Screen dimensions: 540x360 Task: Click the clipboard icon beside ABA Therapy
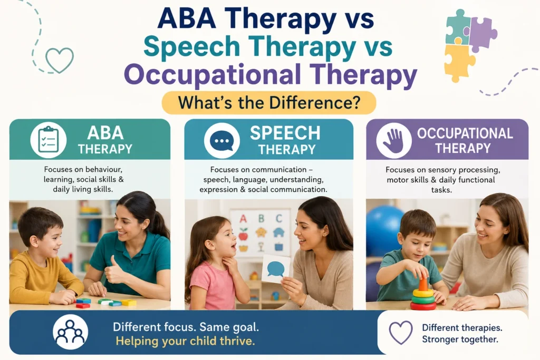point(48,140)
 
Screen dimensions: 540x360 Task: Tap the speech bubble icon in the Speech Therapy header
point(222,141)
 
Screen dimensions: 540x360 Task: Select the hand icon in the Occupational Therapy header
point(393,141)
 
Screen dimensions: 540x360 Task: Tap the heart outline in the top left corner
point(60,60)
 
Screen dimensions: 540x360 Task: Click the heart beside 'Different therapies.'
point(401,333)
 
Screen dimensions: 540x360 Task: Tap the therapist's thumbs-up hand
point(114,269)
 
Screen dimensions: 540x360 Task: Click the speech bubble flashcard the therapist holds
point(275,269)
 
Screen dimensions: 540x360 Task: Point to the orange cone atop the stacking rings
point(423,284)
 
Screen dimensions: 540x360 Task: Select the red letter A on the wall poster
point(243,218)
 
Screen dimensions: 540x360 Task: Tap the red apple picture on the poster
point(243,235)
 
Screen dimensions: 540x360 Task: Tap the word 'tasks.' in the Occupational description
point(441,190)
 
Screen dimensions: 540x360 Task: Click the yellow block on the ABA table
point(129,303)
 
